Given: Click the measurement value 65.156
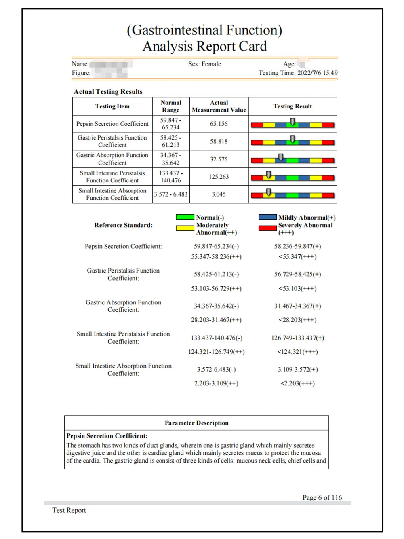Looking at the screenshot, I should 219,124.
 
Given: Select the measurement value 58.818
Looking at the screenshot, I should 219,141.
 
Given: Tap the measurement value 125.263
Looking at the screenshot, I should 219,177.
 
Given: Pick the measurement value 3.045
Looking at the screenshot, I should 219,194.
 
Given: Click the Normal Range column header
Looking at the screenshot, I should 171,106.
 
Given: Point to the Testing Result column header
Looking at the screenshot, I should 292,106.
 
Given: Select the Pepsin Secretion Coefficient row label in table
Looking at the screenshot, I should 112,124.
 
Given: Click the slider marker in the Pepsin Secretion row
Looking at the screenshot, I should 292,122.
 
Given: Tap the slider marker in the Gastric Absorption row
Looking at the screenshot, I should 280,157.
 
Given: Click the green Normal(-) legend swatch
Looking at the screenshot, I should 185,217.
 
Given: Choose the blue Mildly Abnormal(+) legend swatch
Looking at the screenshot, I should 267,217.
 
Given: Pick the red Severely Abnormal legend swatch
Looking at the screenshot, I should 267,228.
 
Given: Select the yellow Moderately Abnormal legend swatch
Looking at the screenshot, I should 185,228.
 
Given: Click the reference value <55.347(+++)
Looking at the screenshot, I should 297,257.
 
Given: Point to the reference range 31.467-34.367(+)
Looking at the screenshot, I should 297,306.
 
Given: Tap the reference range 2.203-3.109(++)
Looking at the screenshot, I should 216,383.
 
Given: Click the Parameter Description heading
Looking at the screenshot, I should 196,423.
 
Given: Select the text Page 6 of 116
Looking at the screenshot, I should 322,498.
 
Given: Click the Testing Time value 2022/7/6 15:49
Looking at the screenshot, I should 318,73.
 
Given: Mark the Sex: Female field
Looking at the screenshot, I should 204,64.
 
